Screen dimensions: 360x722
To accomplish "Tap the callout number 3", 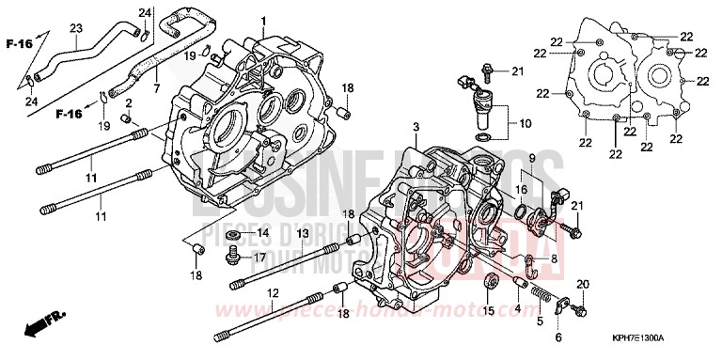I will click(x=414, y=126).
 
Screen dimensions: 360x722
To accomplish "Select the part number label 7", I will click(x=157, y=74).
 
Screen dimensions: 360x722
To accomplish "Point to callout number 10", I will click(x=525, y=122).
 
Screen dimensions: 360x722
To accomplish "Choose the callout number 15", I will click(x=488, y=311).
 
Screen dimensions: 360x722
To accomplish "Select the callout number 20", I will click(x=583, y=284).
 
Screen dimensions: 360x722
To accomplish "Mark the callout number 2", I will click(x=129, y=102).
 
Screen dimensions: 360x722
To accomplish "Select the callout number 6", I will click(x=557, y=337).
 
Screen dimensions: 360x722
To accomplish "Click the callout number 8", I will click(x=554, y=260).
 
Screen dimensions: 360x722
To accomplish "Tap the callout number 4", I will click(x=516, y=307).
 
